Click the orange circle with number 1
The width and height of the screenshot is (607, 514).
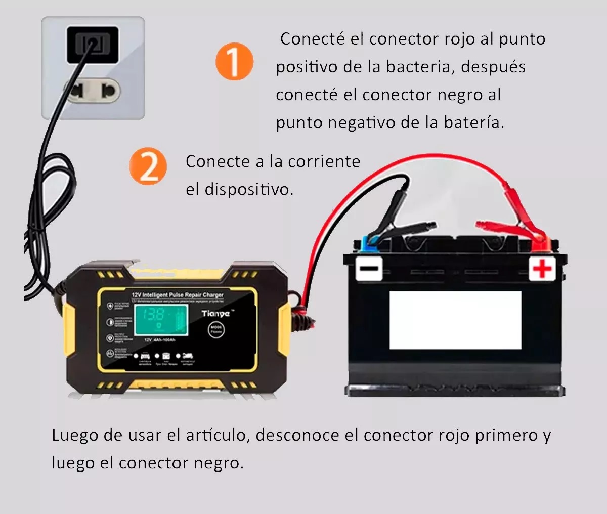click(x=234, y=61)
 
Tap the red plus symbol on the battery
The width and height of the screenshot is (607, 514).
click(x=542, y=268)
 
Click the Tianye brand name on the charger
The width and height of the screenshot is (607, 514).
click(x=215, y=314)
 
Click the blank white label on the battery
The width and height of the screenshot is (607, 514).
click(x=455, y=320)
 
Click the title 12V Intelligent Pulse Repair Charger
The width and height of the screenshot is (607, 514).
click(x=177, y=294)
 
